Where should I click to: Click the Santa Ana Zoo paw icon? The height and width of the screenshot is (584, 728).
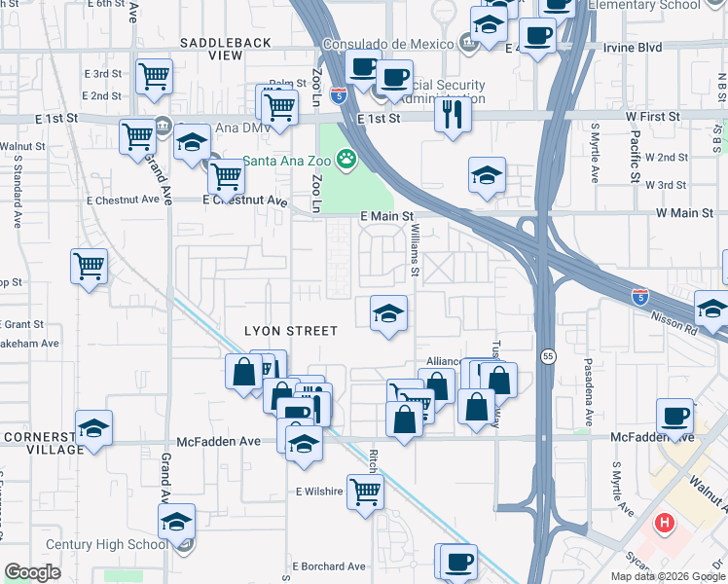(346, 158)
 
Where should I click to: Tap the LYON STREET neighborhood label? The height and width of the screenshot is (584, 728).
(290, 332)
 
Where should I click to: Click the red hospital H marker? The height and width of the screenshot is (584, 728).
(666, 524)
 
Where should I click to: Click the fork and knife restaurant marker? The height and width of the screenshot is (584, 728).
(453, 115)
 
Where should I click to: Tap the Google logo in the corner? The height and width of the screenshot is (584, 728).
(32, 572)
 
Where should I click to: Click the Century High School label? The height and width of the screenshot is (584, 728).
(107, 545)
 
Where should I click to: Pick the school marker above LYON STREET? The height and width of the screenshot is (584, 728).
(388, 314)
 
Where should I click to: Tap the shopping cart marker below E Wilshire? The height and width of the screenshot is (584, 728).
(365, 491)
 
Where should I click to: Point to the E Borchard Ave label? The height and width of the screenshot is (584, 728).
(329, 566)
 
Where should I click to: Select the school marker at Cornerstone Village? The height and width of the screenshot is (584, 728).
(93, 428)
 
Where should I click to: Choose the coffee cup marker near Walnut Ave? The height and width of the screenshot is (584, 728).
(674, 416)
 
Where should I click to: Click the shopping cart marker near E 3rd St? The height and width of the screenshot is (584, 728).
(155, 77)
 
